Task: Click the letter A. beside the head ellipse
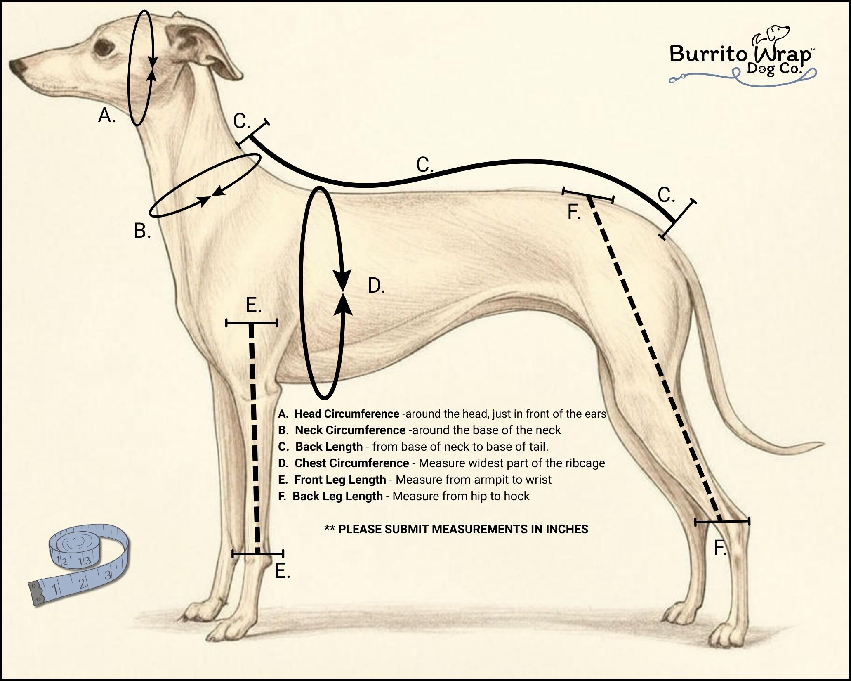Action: point(107,116)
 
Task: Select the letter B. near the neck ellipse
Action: point(142,231)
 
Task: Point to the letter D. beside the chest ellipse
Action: point(376,285)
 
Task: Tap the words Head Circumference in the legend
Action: point(347,414)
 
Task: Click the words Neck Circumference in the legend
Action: point(350,430)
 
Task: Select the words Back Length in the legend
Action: point(329,447)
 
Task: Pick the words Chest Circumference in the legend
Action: point(351,463)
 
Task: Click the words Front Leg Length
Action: point(340,480)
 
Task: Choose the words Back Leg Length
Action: point(337,496)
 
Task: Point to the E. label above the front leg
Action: point(253,305)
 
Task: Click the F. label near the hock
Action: point(720,548)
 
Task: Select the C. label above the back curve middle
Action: point(425,165)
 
